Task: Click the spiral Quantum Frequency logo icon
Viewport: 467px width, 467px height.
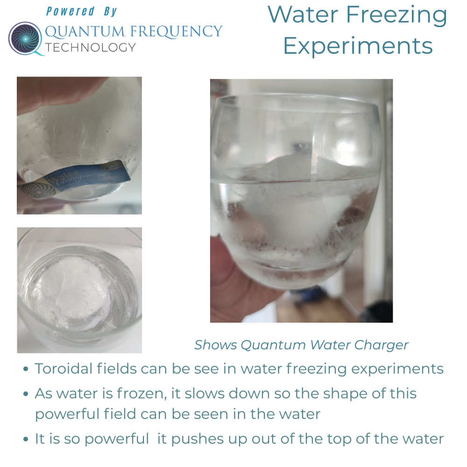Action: click(26, 39)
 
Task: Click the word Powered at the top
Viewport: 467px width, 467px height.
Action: click(71, 12)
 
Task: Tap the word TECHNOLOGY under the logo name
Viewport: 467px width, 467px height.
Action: click(90, 47)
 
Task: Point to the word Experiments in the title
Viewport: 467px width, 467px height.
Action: click(358, 46)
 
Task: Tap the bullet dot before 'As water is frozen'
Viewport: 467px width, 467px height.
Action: click(26, 394)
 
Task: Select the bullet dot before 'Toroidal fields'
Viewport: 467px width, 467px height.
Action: click(26, 369)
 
